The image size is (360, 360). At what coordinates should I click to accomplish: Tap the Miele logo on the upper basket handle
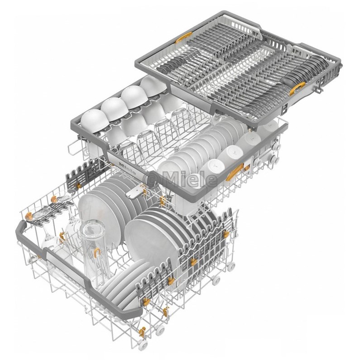pos(128,169)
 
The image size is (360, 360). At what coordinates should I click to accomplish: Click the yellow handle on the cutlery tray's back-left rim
pos(184,38)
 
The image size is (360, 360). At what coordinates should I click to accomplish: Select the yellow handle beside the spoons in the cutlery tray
pos(297,89)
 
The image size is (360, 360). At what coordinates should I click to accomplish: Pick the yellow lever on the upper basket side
pos(235,172)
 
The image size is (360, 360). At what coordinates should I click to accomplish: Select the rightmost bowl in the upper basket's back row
pos(154,86)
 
